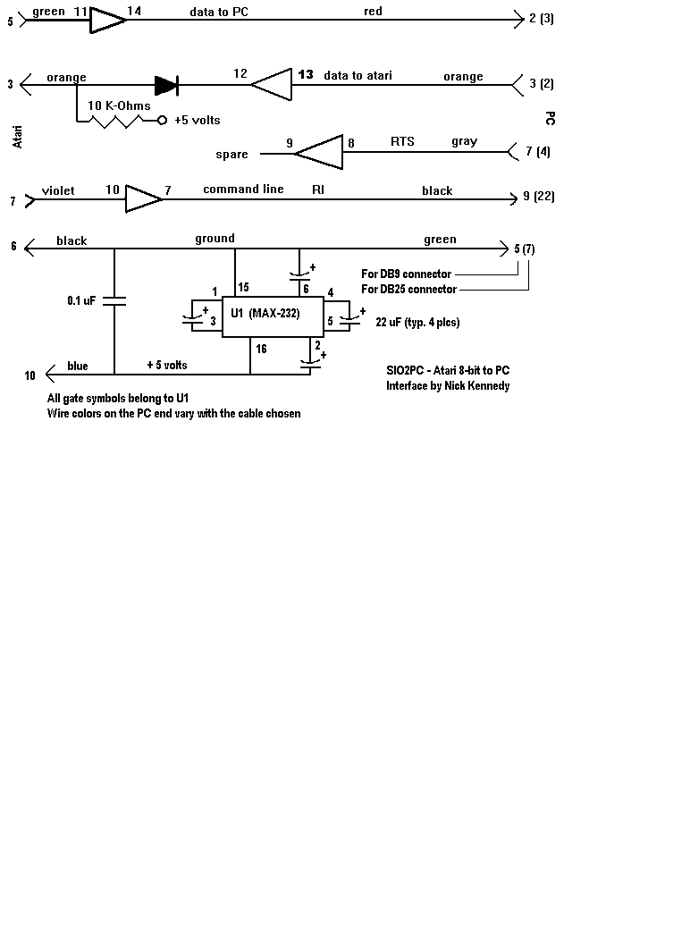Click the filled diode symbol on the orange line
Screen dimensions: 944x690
pos(165,85)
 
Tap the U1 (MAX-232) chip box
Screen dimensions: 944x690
pos(273,318)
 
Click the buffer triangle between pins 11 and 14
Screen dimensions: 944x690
pos(107,20)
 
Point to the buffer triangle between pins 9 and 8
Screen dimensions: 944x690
pos(319,153)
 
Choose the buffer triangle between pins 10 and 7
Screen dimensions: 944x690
pos(142,198)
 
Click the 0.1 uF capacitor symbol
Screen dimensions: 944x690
pos(114,302)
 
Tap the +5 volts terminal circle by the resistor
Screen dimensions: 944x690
pos(162,120)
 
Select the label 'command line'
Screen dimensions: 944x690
pos(243,190)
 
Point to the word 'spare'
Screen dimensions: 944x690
pos(231,155)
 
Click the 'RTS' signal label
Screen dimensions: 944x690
pos(402,142)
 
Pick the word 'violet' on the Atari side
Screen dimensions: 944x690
pos(58,190)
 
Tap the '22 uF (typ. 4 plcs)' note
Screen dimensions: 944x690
pos(418,323)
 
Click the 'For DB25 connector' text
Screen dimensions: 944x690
pos(408,289)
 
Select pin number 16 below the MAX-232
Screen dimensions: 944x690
pos(261,349)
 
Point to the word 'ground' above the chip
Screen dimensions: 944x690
pos(215,239)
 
